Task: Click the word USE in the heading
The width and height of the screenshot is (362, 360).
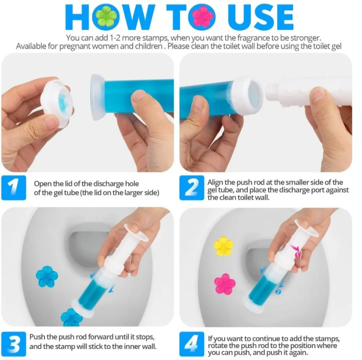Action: tap(261, 17)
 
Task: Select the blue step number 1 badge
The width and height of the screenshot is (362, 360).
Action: tap(14, 188)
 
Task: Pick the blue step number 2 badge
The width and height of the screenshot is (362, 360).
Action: tap(191, 188)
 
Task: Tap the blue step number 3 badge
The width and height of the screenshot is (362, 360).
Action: tap(14, 344)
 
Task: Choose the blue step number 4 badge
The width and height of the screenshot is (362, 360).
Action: tap(191, 344)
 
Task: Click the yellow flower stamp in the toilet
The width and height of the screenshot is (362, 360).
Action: tap(223, 246)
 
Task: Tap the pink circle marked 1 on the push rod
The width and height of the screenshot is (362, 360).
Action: tap(297, 255)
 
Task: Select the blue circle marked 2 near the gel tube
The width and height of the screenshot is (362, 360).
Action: tap(278, 292)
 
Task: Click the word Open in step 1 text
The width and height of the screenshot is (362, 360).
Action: tap(43, 184)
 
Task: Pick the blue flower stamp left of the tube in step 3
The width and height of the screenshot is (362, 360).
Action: tap(47, 276)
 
